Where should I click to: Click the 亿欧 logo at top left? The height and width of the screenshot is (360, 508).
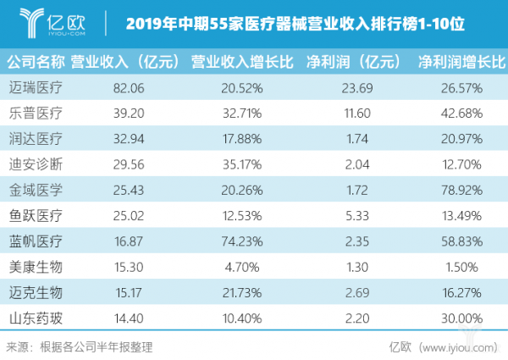[x=52, y=19]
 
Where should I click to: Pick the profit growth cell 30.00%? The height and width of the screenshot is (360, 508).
[x=461, y=318]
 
